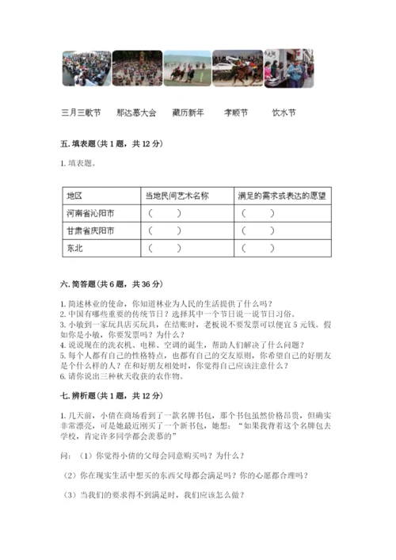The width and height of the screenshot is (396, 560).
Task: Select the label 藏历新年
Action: click(x=188, y=113)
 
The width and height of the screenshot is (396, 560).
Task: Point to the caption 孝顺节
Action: click(x=237, y=113)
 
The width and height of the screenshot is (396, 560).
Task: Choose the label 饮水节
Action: click(x=284, y=113)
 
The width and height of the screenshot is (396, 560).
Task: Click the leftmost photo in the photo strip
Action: click(x=86, y=69)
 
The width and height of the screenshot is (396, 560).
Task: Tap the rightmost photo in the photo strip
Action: click(x=284, y=69)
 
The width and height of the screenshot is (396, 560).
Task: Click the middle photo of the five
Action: click(x=186, y=69)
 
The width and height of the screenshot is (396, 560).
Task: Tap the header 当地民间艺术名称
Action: click(x=177, y=196)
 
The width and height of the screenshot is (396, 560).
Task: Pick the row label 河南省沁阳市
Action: click(x=90, y=213)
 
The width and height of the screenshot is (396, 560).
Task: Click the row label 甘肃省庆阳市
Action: click(x=90, y=230)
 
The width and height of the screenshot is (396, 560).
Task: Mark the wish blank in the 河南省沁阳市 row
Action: click(x=258, y=213)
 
